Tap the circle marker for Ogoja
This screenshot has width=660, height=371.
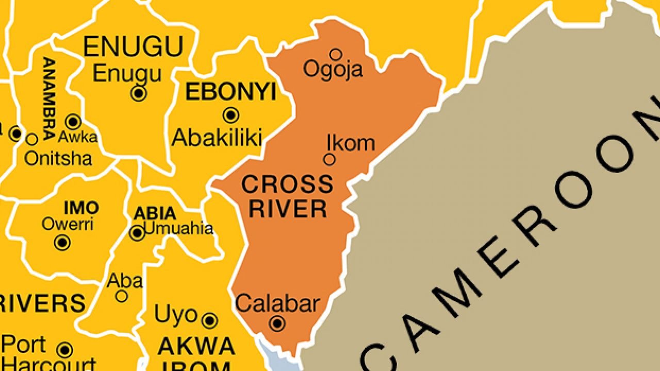pos(336,54)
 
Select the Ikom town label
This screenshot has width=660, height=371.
pos(351,143)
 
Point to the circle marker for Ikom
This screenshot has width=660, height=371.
pos(329,160)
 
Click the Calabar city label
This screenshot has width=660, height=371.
pos(277,303)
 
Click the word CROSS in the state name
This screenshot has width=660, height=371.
pos(287,184)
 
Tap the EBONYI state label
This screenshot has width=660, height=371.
pos(230,92)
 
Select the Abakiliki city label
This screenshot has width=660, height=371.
pos(217,138)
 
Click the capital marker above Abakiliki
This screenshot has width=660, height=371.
pos(230,115)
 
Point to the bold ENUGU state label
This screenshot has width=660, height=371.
pos(133,47)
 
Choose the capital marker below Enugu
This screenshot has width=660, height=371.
pos(139,93)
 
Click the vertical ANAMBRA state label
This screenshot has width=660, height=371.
pos(49,98)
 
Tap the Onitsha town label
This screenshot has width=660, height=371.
pos(58,158)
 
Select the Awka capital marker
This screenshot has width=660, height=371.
pos(73,122)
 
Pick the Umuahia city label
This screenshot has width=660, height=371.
pos(178,228)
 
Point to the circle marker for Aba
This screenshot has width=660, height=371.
pos(122,296)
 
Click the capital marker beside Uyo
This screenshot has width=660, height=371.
pos(209,321)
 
